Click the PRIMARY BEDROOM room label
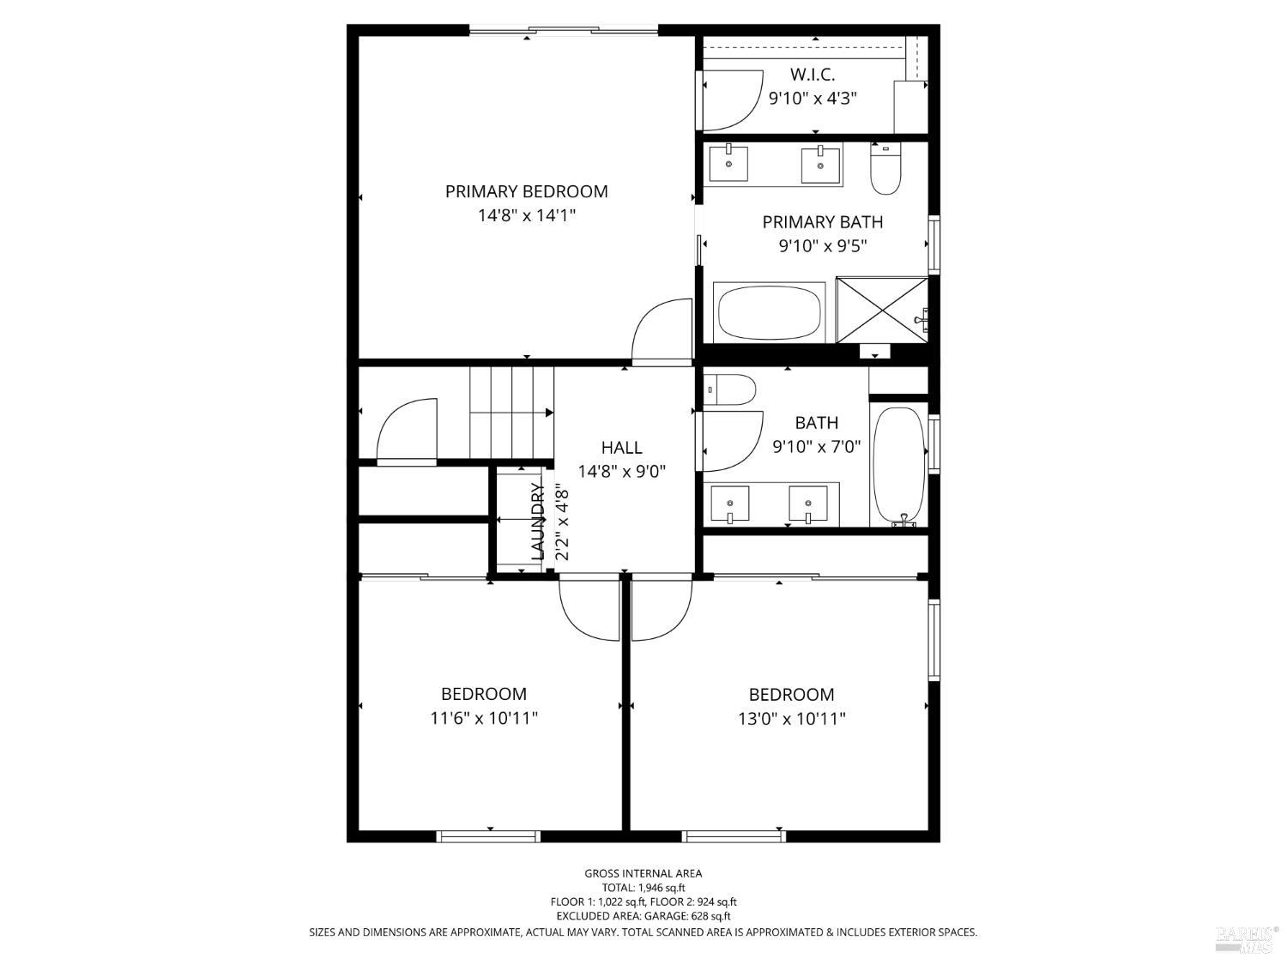pos(526,191)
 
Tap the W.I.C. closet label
pos(812,75)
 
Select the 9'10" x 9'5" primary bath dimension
pos(822,245)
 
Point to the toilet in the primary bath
pos(885,168)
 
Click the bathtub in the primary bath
pos(770,311)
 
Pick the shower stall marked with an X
pos(882,310)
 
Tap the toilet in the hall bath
pos(730,389)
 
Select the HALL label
pos(621,448)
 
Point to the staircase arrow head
pos(549,413)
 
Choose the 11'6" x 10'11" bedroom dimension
pos(484,718)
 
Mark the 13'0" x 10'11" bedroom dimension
pos(792,718)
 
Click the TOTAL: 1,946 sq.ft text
pos(643,888)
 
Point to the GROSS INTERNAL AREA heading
pos(643,873)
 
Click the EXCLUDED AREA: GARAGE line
pos(643,916)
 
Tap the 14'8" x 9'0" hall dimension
pos(621,472)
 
